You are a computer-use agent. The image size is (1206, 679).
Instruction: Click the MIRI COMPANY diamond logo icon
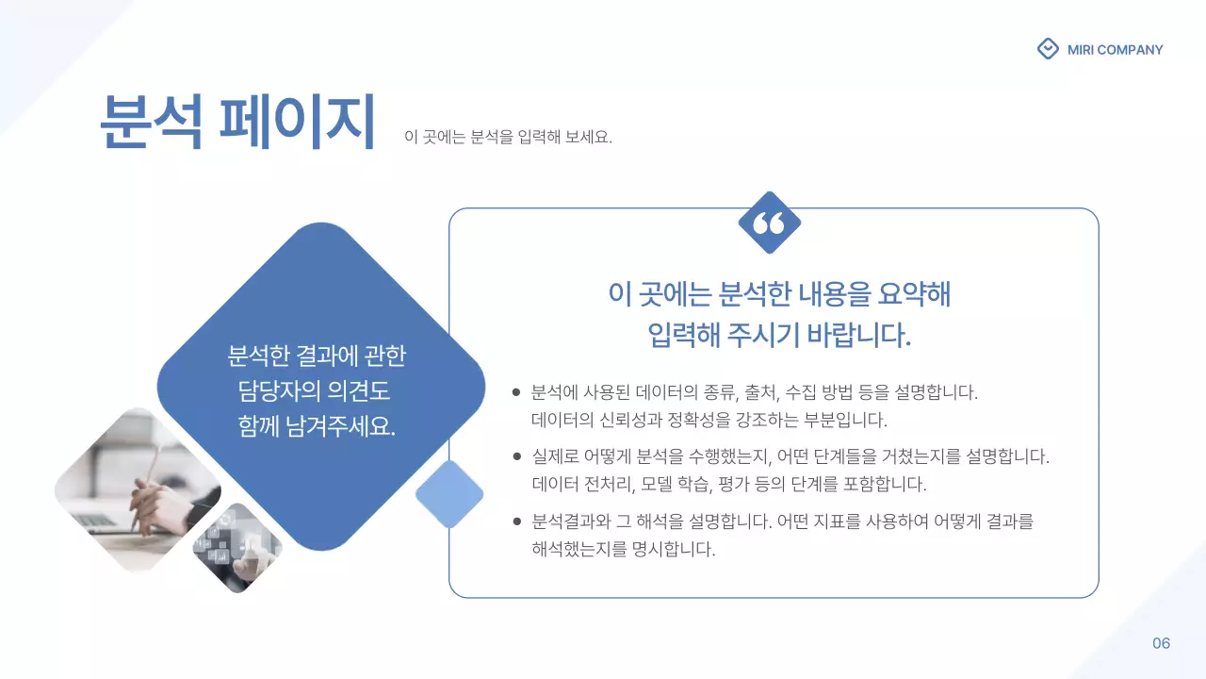[1048, 49]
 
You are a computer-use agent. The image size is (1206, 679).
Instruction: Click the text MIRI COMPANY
[1116, 50]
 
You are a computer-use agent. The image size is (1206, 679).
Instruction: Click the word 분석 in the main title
[151, 123]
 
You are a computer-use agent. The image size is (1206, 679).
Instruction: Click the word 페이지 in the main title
[298, 123]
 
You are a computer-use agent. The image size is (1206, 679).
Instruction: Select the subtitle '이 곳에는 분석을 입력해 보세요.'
[508, 138]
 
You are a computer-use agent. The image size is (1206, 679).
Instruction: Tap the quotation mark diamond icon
[770, 223]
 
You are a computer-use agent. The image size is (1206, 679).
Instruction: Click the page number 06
[1161, 643]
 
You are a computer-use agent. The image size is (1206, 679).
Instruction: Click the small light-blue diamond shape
[449, 494]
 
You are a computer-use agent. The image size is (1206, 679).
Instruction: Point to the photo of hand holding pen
[138, 490]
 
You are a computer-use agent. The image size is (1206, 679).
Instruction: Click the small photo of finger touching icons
[237, 548]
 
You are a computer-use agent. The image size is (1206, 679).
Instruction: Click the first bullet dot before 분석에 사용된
[516, 392]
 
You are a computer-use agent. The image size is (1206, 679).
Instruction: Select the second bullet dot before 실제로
[516, 456]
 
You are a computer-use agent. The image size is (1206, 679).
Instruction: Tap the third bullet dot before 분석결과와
[516, 521]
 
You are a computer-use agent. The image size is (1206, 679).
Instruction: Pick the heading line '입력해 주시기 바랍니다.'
[779, 335]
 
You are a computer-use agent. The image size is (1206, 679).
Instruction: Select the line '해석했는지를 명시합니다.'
[624, 549]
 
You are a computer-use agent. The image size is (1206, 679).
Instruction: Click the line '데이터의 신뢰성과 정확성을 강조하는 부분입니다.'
[709, 420]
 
